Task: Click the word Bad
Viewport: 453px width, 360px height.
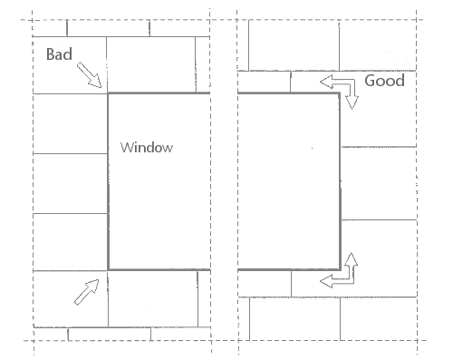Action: [59, 54]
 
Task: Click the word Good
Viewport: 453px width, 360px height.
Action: [384, 81]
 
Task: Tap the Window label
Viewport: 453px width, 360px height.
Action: [147, 148]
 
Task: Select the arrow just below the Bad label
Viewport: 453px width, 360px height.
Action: [89, 75]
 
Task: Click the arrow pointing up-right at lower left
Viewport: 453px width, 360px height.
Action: [87, 292]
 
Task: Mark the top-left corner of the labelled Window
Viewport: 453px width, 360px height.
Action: [108, 93]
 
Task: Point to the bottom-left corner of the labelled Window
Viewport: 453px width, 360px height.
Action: [108, 269]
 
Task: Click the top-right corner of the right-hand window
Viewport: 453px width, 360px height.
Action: [340, 93]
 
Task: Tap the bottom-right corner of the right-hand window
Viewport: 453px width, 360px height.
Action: [341, 269]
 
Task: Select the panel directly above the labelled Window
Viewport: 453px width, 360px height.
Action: [150, 64]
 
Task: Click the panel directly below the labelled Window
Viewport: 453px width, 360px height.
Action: [153, 298]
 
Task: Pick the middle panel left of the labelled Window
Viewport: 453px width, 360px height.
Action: [71, 183]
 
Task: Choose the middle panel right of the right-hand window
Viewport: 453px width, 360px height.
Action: [379, 183]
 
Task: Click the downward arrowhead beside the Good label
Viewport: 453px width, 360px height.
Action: [352, 102]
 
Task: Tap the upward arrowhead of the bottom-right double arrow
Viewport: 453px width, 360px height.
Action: [352, 259]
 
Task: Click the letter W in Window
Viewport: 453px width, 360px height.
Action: [128, 147]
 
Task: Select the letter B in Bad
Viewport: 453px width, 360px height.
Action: [51, 54]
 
